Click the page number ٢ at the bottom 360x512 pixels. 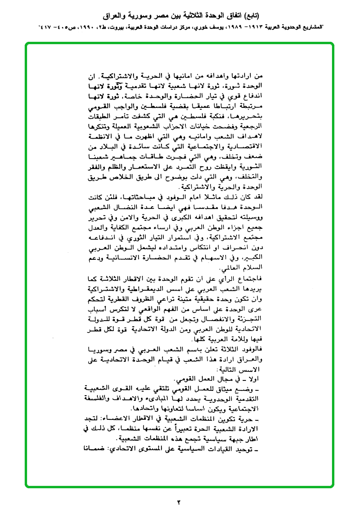tap(180, 502)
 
